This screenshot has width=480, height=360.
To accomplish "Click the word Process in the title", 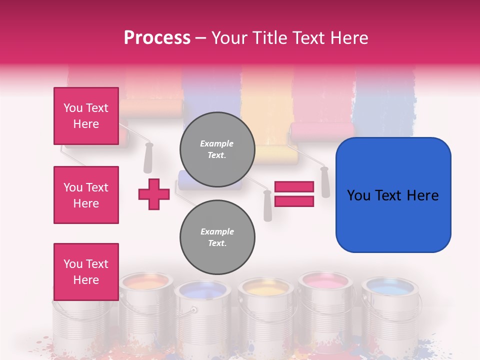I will (157, 38).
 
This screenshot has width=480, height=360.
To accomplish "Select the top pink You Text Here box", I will (86, 116).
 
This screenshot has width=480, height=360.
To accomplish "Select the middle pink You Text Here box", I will (86, 195).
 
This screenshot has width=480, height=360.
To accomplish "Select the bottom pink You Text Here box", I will (86, 272).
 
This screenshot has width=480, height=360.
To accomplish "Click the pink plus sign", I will (154, 194).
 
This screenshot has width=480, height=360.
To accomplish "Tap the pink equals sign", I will (294, 194).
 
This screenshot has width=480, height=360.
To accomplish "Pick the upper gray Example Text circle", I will (217, 149).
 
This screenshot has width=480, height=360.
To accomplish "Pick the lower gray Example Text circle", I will (217, 237).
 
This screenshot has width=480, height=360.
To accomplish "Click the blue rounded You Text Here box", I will (393, 195).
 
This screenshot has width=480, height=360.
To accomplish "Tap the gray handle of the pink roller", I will (325, 182).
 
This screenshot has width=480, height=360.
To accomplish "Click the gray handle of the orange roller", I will (148, 158).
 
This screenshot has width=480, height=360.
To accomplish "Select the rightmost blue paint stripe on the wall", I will (385, 100).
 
